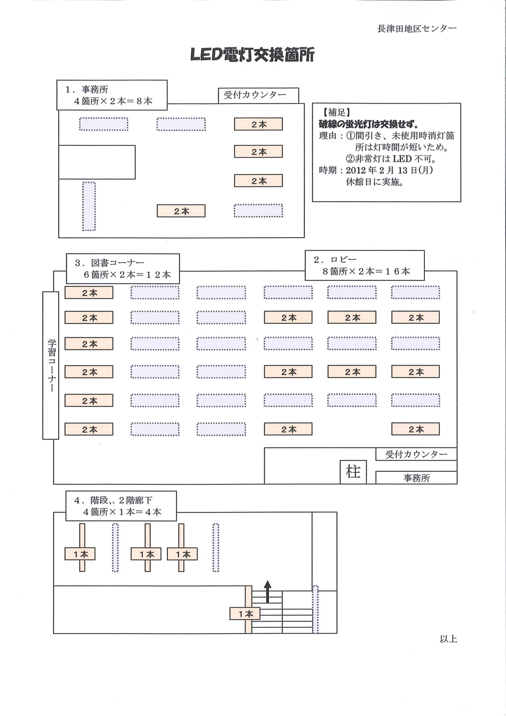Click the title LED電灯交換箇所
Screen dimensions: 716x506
coord(252,55)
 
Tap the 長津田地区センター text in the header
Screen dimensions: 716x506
coord(416,29)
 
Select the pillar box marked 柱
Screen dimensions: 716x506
coord(353,472)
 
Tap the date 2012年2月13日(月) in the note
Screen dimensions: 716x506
coord(389,170)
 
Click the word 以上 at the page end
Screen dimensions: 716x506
coord(448,638)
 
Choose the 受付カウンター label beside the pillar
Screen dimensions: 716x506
coord(416,454)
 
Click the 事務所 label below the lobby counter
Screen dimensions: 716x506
coord(416,478)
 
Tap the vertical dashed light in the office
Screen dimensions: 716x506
coord(89,206)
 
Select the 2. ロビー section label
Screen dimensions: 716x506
coord(365,265)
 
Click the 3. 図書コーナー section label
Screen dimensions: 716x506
coord(123,269)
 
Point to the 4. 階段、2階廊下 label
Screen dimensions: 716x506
coord(121,506)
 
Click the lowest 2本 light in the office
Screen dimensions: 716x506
coord(181,211)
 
